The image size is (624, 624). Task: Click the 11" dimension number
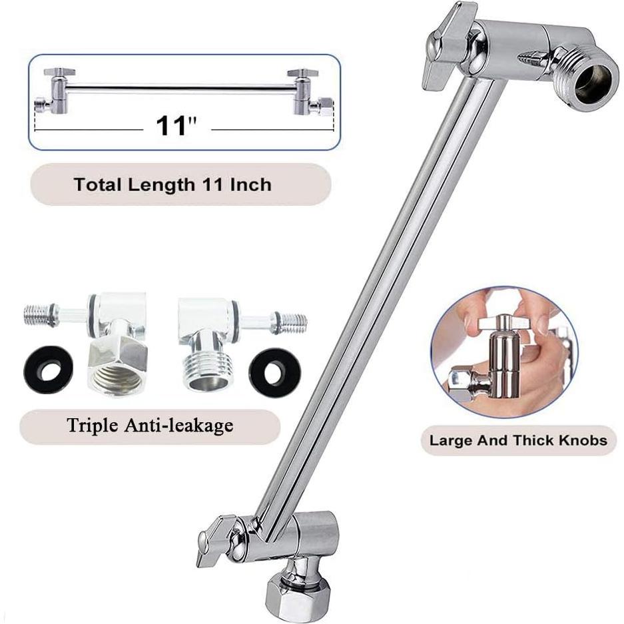[x=176, y=125]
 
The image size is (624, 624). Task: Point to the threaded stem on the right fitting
[x=291, y=323]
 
